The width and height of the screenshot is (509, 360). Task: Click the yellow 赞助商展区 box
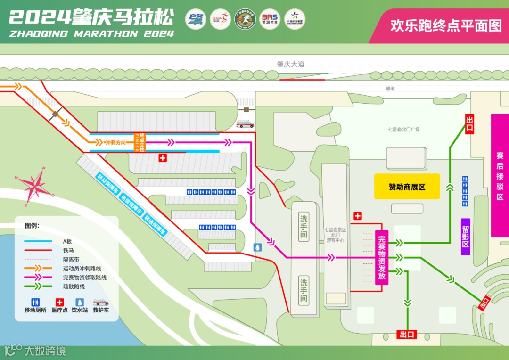click(407, 187)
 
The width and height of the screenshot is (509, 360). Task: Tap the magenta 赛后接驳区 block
click(500, 175)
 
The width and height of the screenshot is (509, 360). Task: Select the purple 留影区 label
click(465, 237)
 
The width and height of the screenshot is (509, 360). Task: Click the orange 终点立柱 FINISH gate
click(140, 142)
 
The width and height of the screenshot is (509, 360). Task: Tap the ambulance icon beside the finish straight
click(245, 124)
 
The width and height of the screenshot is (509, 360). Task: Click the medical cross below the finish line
click(163, 158)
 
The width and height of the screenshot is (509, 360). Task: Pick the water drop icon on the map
click(257, 247)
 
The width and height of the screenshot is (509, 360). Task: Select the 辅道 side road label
click(390, 89)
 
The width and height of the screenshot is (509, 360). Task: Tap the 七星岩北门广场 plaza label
click(403, 130)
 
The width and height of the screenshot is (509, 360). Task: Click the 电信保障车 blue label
click(131, 205)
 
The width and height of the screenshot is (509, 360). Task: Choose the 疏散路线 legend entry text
click(74, 286)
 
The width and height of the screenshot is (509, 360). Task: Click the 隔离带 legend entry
click(68, 259)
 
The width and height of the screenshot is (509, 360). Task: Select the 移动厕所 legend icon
click(35, 302)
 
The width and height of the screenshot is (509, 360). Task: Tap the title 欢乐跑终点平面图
click(446, 25)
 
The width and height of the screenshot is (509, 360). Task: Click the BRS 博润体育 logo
click(270, 19)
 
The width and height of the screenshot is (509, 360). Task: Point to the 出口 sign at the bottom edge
click(407, 335)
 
